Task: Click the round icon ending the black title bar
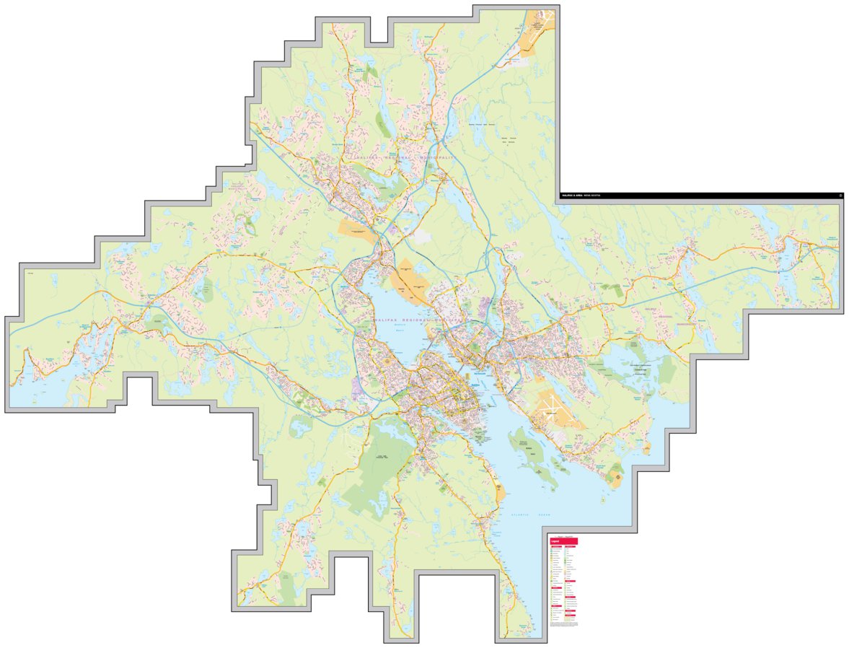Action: (x=840, y=195)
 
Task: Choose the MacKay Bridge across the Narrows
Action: (x=431, y=343)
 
